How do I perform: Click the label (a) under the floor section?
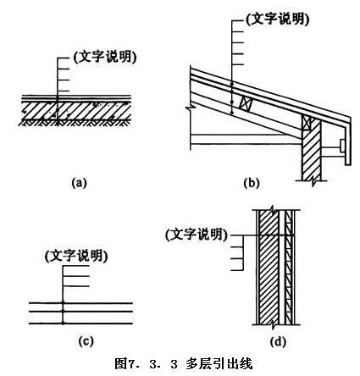coord(79,183)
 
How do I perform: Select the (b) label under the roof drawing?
coord(251,183)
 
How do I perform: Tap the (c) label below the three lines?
coord(86,341)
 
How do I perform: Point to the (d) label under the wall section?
coord(278,342)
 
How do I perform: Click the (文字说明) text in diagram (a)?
coord(105,58)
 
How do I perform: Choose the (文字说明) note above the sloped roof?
coord(278,19)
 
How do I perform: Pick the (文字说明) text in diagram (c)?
coord(76,256)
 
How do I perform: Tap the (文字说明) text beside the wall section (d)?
coord(197,235)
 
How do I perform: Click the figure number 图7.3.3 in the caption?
coord(146,364)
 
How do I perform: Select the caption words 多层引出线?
coord(219,364)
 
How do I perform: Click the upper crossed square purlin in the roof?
coord(245,102)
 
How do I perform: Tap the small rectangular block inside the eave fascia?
coord(343,145)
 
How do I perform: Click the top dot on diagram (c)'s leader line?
coord(63,303)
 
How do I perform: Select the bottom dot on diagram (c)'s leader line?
coord(63,323)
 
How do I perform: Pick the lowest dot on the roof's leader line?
coord(231,113)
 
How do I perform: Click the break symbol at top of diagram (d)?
coord(273,209)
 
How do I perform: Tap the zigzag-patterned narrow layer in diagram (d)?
coord(288,267)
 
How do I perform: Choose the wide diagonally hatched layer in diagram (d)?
coord(269,267)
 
